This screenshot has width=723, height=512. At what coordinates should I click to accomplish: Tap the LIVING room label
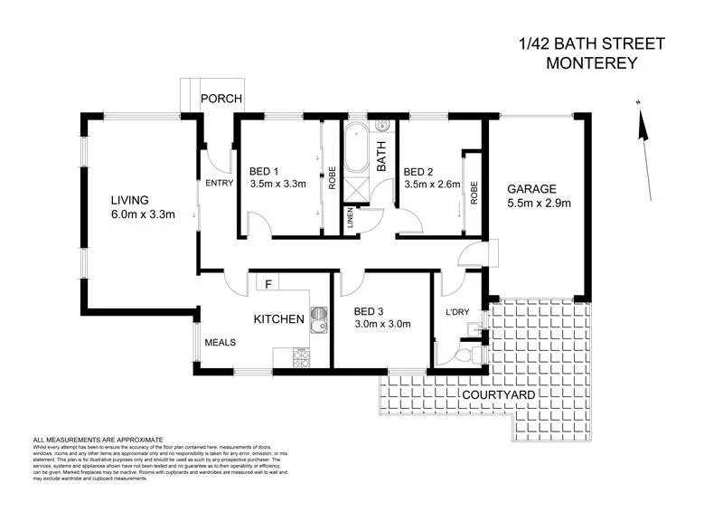pyautogui.click(x=129, y=200)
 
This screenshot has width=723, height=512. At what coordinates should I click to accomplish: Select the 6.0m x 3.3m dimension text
pyautogui.click(x=143, y=214)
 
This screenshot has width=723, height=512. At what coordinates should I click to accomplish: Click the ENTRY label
pyautogui.click(x=220, y=183)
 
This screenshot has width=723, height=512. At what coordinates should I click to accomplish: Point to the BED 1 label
pyautogui.click(x=264, y=171)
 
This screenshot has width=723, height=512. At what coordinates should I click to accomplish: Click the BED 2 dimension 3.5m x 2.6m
pyautogui.click(x=432, y=185)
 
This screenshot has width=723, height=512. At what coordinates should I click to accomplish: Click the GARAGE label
pyautogui.click(x=531, y=189)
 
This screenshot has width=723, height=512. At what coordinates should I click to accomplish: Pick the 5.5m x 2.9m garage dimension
pyautogui.click(x=539, y=204)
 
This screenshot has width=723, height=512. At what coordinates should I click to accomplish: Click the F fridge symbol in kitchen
pyautogui.click(x=268, y=284)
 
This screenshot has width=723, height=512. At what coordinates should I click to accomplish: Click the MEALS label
pyautogui.click(x=221, y=342)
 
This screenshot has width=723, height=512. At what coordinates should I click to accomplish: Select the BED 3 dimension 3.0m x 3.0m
pyautogui.click(x=381, y=324)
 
